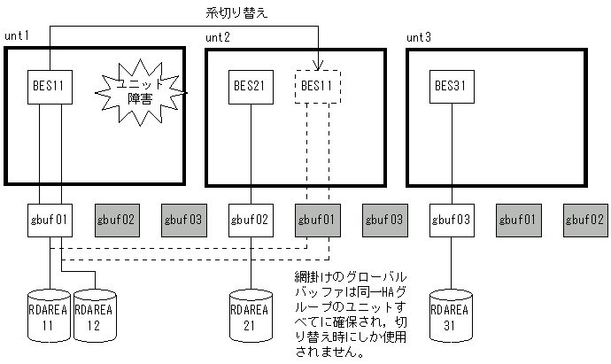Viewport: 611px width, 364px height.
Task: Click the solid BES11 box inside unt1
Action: (x=50, y=87)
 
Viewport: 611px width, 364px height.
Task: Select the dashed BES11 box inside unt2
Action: (x=317, y=87)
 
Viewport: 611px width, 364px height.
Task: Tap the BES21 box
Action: (x=251, y=87)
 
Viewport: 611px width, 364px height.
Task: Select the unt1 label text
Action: (x=18, y=36)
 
